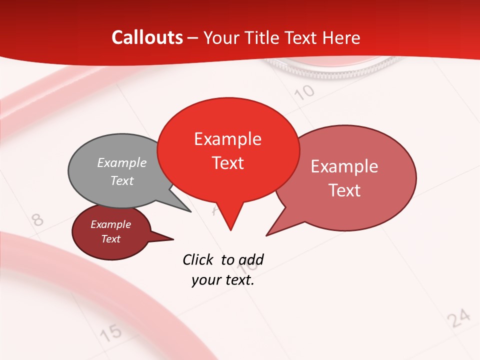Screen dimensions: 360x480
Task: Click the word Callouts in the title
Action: click(147, 37)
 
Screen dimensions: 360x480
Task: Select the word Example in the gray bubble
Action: click(122, 162)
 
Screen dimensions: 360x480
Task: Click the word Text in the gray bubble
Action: click(122, 180)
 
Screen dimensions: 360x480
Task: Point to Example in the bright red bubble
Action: click(228, 139)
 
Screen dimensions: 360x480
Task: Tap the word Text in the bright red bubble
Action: click(228, 163)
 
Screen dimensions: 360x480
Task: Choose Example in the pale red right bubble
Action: click(344, 166)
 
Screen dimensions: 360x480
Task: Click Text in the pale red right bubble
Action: click(344, 190)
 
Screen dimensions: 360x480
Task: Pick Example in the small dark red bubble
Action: click(111, 224)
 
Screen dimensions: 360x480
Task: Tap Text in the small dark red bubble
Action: click(111, 239)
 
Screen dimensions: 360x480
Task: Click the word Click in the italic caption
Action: click(198, 259)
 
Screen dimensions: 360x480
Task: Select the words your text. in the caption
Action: click(223, 280)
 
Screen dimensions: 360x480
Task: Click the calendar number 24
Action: click(458, 318)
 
